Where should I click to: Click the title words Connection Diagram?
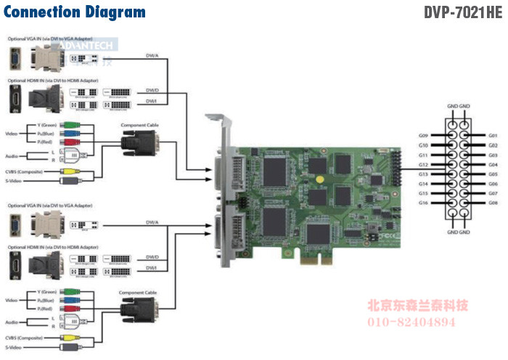[75, 12]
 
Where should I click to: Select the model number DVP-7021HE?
[462, 12]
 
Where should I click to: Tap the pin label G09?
[424, 136]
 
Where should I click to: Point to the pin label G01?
[493, 136]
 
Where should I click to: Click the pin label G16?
[424, 203]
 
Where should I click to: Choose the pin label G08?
[493, 203]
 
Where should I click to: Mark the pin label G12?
[424, 165]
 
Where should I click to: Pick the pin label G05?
[493, 174]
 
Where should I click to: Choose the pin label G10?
[424, 145]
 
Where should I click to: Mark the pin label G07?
[493, 194]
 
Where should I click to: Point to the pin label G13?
[424, 174]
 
